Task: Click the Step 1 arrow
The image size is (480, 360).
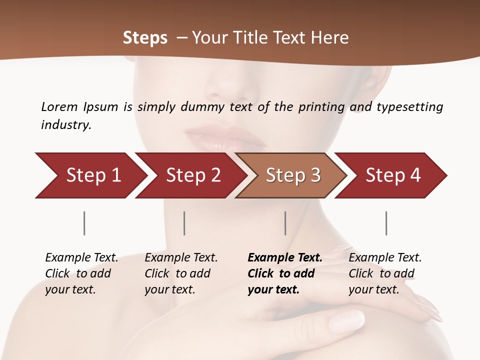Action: (90, 175)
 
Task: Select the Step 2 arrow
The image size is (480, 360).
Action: (190, 175)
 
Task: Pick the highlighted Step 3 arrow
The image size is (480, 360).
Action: (291, 175)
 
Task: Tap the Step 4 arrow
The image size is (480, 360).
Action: (391, 175)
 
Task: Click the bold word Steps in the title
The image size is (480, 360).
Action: (145, 38)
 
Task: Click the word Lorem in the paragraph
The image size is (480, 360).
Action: (59, 106)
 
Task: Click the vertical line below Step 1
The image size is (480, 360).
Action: (84, 223)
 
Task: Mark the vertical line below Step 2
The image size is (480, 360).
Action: (184, 223)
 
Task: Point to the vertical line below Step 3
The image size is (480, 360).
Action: (285, 223)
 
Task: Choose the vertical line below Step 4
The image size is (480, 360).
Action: (386, 223)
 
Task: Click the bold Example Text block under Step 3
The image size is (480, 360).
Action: (285, 273)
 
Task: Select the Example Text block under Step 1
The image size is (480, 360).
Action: (81, 273)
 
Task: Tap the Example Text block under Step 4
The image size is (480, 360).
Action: (385, 273)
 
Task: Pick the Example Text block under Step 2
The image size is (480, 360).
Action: (181, 273)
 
